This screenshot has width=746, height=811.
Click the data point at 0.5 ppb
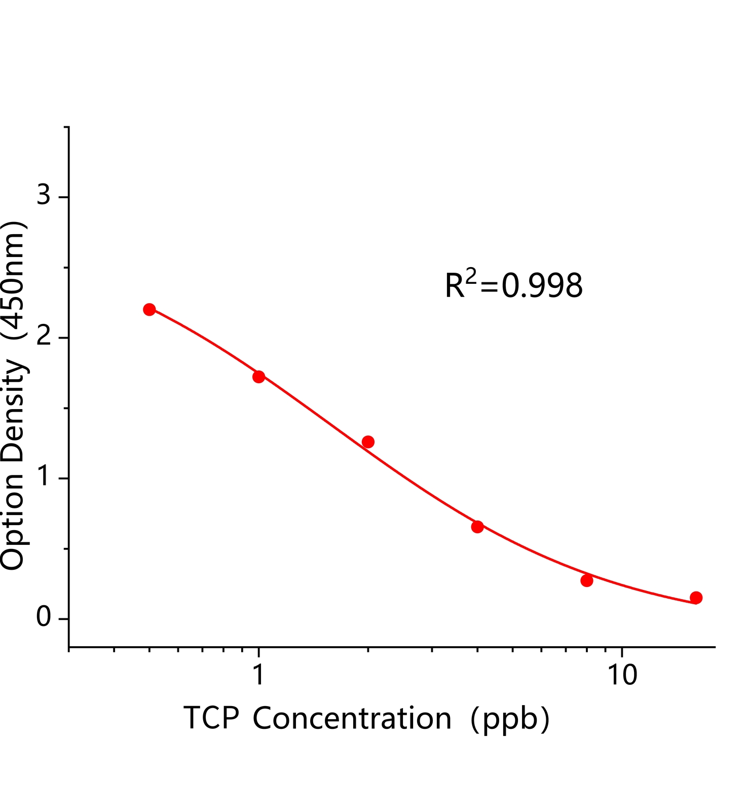tap(149, 310)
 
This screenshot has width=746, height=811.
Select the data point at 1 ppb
tap(258, 377)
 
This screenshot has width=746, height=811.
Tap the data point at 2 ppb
tap(368, 442)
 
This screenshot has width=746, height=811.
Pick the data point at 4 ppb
tap(477, 527)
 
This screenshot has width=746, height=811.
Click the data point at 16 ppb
tap(696, 598)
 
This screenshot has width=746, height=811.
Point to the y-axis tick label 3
tap(44, 196)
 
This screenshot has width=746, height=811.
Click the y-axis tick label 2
tap(44, 337)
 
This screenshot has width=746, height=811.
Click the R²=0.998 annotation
tap(513, 285)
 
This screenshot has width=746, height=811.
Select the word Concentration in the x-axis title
tap(352, 719)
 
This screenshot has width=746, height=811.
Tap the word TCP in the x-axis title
tap(211, 719)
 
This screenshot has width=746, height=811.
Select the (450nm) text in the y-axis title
tap(13, 280)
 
